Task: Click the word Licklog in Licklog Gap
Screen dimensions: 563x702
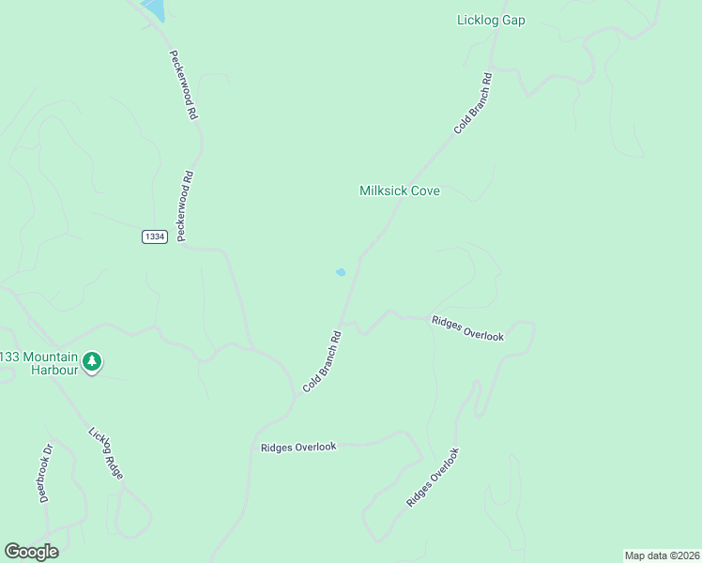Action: (x=481, y=20)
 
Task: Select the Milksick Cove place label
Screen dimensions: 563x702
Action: (x=400, y=190)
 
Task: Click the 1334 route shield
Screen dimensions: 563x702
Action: (x=155, y=236)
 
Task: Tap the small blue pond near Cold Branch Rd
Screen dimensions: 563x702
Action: (x=341, y=272)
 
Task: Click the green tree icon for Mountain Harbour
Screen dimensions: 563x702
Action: (x=91, y=361)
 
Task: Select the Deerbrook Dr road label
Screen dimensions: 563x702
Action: (x=44, y=472)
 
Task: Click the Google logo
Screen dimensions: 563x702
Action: (x=31, y=551)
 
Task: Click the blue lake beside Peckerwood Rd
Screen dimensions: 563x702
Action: (x=153, y=9)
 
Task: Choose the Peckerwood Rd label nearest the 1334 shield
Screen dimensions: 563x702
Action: (x=186, y=206)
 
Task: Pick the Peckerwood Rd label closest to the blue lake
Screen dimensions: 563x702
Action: (x=182, y=84)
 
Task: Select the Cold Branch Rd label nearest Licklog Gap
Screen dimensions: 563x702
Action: (x=473, y=103)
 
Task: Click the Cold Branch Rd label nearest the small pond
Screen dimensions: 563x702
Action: (x=320, y=361)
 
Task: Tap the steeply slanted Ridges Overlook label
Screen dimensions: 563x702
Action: (x=434, y=478)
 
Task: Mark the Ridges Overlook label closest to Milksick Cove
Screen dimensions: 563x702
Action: (x=467, y=327)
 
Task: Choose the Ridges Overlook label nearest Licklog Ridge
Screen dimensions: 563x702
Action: (x=298, y=448)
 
